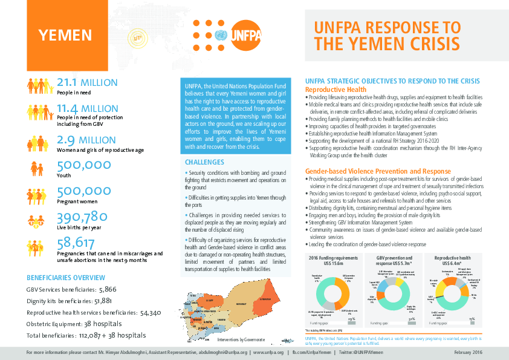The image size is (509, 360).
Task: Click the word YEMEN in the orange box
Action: coord(65,35)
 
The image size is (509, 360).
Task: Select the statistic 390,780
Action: coord(82,217)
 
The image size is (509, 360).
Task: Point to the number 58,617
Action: coord(76,243)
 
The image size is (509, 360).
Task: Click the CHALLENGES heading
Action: coord(205,162)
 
